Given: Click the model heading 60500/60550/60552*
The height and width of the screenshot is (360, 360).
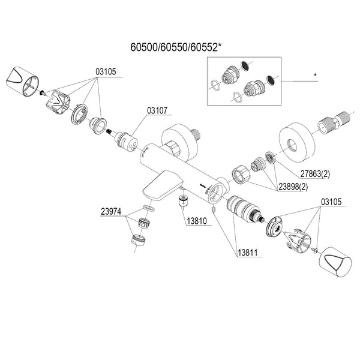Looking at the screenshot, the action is [176, 47].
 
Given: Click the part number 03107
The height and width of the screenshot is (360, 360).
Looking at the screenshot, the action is [157, 110].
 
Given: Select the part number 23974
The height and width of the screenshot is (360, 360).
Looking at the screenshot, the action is [111, 211].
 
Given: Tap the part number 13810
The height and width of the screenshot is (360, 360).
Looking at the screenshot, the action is [197, 221].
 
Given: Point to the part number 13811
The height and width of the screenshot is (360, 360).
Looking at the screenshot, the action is [247, 253].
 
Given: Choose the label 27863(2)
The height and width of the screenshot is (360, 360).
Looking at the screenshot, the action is [315, 174].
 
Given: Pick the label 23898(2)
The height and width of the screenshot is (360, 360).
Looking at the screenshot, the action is [293, 187].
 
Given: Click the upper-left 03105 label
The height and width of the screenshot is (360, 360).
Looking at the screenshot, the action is [106, 71].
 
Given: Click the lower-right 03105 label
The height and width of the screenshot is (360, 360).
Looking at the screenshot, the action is [331, 202].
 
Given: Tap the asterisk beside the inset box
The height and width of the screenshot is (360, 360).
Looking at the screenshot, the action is [315, 75].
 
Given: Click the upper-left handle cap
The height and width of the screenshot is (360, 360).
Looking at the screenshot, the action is [22, 81].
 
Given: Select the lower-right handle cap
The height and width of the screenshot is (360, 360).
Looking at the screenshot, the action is [335, 262].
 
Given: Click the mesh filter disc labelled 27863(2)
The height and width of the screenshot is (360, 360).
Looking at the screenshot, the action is [271, 158].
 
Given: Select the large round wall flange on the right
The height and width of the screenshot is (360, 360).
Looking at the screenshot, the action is [296, 143].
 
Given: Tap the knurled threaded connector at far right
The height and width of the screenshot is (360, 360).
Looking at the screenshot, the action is [334, 122].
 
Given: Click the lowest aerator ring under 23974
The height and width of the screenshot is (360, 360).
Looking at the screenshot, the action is [139, 240].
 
